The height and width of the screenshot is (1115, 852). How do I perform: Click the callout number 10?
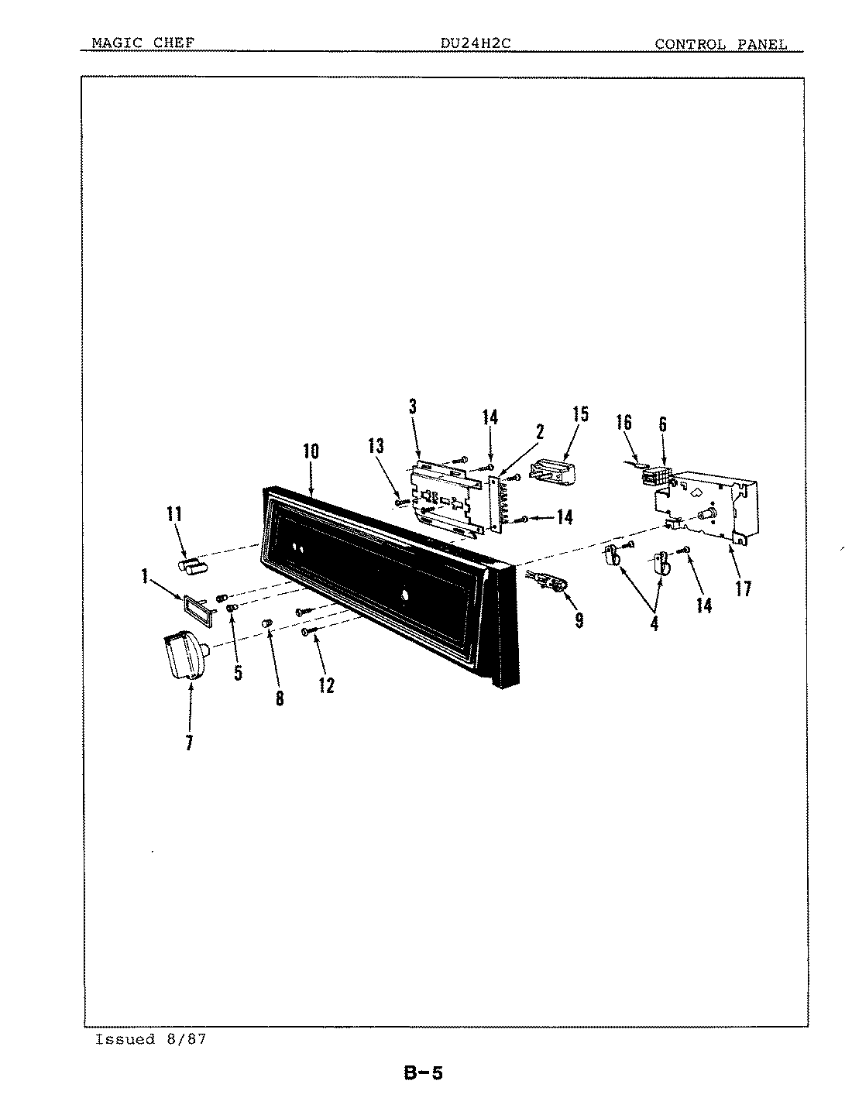pyautogui.click(x=311, y=451)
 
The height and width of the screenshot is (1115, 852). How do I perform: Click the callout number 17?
pyautogui.click(x=743, y=588)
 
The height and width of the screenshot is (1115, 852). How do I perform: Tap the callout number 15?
pyautogui.click(x=580, y=413)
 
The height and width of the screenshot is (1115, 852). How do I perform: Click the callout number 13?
pyautogui.click(x=376, y=445)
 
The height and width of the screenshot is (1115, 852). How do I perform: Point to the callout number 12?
pyautogui.click(x=326, y=684)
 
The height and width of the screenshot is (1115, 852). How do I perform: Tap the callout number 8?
pyautogui.click(x=279, y=698)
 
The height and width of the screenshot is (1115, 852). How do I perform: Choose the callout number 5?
pyautogui.click(x=238, y=672)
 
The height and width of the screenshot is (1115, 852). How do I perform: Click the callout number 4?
pyautogui.click(x=654, y=622)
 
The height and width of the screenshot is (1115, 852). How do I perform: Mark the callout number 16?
pyautogui.click(x=624, y=422)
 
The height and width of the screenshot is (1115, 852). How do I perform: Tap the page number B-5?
pyautogui.click(x=423, y=1073)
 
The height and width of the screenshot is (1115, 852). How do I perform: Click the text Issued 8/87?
pyautogui.click(x=150, y=1039)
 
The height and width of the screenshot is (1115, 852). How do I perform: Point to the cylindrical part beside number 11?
pyautogui.click(x=194, y=566)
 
